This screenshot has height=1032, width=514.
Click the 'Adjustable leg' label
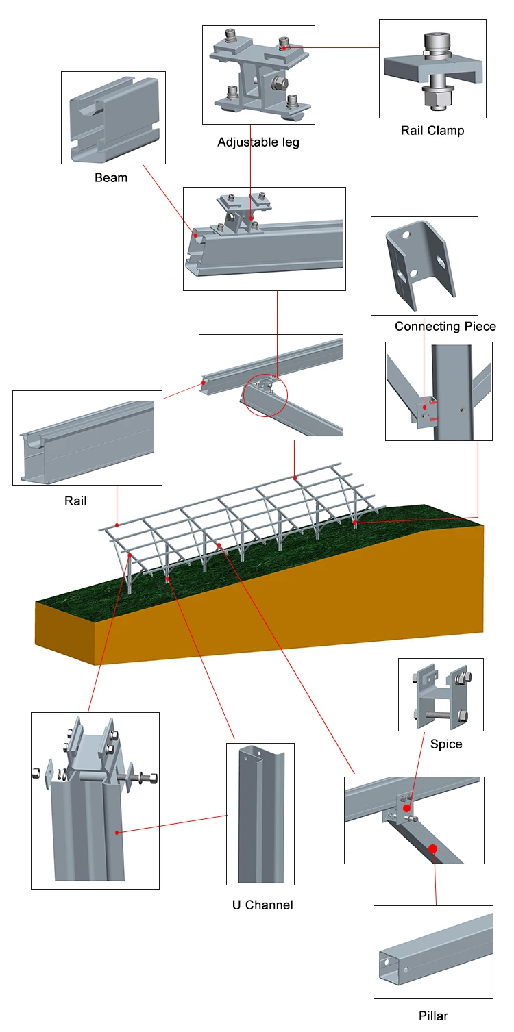pyautogui.click(x=258, y=142)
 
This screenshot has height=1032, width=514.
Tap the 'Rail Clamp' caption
pyautogui.click(x=432, y=130)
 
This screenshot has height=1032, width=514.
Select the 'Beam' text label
pyautogui.click(x=111, y=178)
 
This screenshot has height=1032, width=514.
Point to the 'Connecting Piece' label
pyautogui.click(x=445, y=327)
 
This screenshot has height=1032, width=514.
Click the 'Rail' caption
pyautogui.click(x=75, y=501)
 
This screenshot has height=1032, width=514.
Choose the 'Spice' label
pyautogui.click(x=445, y=744)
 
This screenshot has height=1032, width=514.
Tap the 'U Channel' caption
pyautogui.click(x=262, y=905)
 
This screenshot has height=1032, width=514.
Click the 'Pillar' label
pyautogui.click(x=433, y=1016)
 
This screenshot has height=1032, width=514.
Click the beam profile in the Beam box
pyautogui.click(x=113, y=118)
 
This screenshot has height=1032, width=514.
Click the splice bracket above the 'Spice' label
pyautogui.click(x=441, y=695)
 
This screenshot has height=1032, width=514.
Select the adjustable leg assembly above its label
pyautogui.click(x=258, y=75)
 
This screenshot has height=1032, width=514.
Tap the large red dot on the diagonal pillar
pyautogui.click(x=432, y=849)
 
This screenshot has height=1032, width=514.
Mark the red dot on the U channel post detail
pyautogui.click(x=118, y=833)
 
